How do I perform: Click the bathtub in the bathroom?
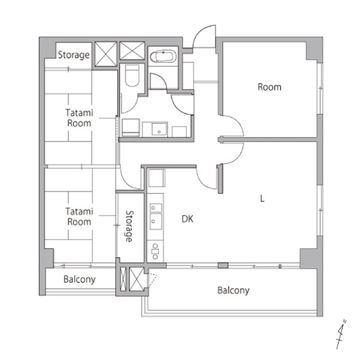coord(163,56)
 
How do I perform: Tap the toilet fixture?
coord(132,75)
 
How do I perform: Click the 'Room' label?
coord(269,87)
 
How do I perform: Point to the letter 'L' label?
coord(262,198)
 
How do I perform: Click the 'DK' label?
coord(188,219)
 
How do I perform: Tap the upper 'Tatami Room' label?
coord(79,118)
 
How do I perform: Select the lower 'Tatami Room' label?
coord(79,216)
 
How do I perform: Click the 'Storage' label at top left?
coord(74,55)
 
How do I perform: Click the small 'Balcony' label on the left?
coord(80,279)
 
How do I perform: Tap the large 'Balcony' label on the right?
coord(233,291)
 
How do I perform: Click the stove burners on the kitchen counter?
coord(155,251)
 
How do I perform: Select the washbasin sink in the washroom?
coord(159,129)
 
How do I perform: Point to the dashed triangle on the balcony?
coord(152,280)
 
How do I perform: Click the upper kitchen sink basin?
coord(156,208)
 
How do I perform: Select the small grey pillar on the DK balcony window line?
coord(223,265)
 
